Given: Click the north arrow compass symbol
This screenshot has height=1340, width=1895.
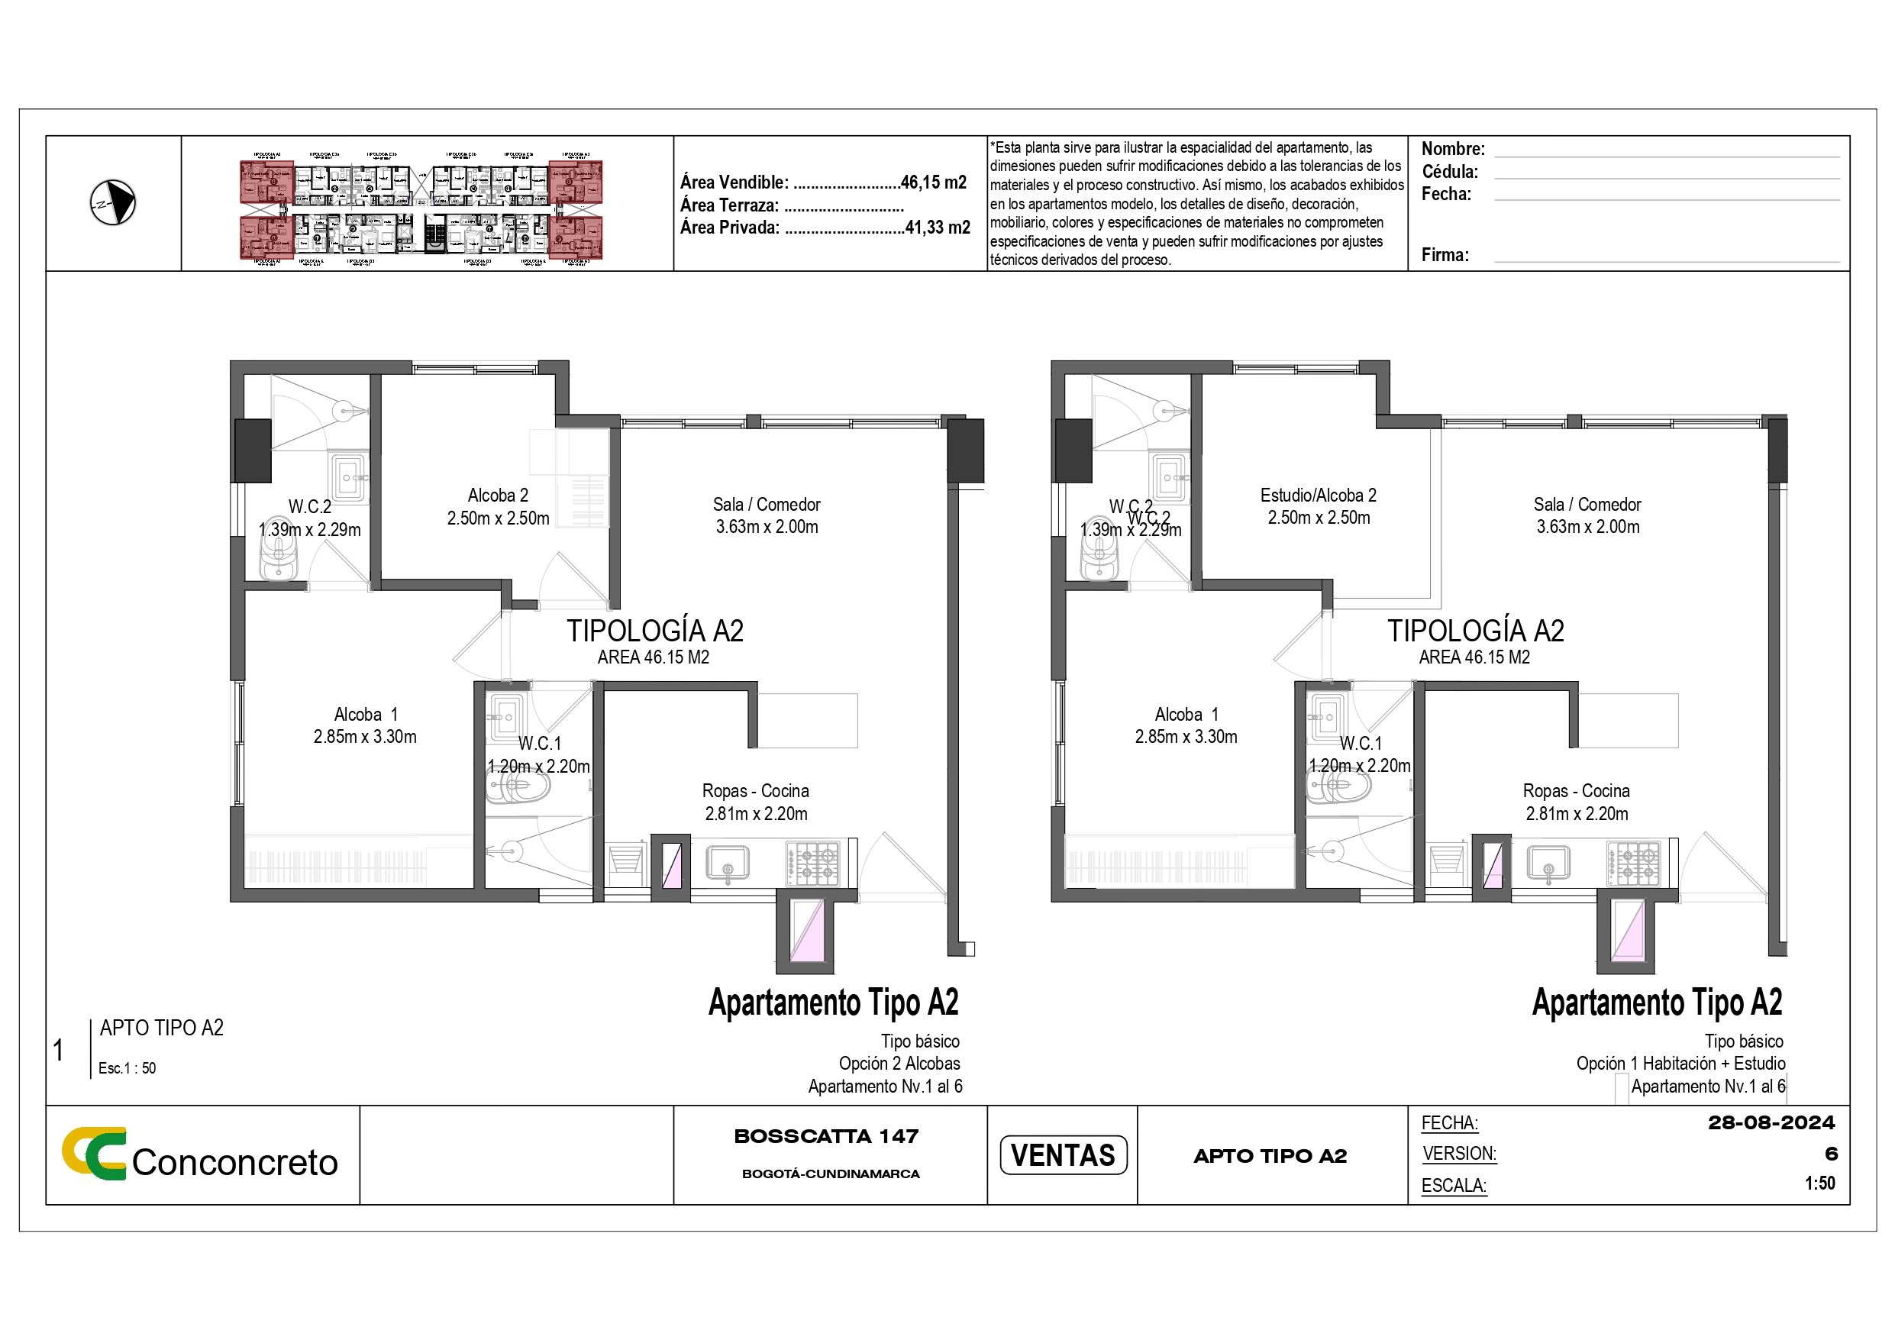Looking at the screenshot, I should (112, 202).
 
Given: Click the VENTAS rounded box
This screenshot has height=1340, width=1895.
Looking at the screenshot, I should (1062, 1154).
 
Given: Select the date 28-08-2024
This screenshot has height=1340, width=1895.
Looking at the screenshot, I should (1771, 1123).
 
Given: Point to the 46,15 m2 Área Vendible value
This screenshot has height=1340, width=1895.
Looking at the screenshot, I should (933, 182).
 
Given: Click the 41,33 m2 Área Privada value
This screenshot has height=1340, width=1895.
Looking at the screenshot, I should (937, 227).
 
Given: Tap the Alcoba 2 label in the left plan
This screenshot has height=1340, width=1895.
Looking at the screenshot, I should (498, 496).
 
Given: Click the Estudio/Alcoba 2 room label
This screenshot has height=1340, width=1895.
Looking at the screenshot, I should (1318, 496).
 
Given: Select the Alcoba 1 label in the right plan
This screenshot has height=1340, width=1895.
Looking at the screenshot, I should (1186, 714).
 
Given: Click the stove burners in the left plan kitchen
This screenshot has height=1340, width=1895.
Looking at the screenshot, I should (812, 864).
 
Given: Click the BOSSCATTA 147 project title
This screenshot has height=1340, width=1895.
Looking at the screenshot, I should (826, 1136).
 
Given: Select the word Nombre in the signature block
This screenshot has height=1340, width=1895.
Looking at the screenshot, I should (1451, 150).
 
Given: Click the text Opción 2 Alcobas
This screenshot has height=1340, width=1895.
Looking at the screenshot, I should (899, 1064).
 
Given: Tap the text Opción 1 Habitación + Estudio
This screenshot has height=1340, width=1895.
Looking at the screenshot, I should (1680, 1064).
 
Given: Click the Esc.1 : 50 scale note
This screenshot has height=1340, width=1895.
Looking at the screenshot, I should (127, 1067).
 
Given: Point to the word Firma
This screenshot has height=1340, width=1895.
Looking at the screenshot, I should (1445, 254).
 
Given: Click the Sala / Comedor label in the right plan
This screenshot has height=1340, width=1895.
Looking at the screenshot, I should (1587, 505).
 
